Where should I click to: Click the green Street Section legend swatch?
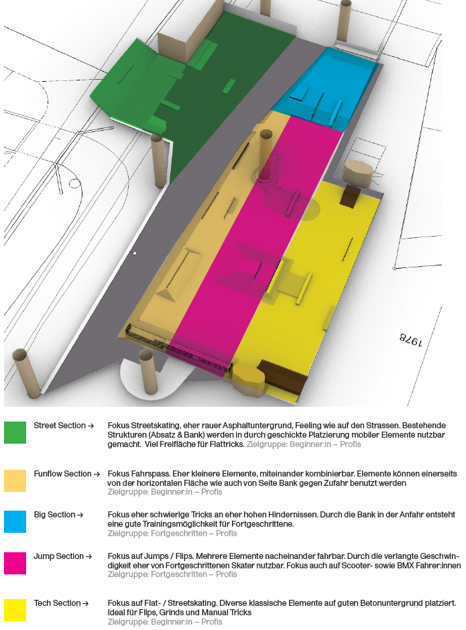point(15,432)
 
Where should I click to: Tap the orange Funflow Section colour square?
point(15,481)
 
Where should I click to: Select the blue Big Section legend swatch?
point(15,521)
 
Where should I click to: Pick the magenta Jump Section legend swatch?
point(15,563)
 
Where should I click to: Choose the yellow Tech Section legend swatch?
point(15,610)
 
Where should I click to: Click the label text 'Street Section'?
point(60,426)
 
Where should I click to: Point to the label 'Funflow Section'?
point(62,474)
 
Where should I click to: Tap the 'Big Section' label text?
point(54,515)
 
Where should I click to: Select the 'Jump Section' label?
point(59,556)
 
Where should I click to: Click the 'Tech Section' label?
point(57,603)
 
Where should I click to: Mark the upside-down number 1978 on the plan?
point(411,340)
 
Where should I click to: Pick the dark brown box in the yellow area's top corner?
point(350,196)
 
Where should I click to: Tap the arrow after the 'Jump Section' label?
point(89,556)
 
